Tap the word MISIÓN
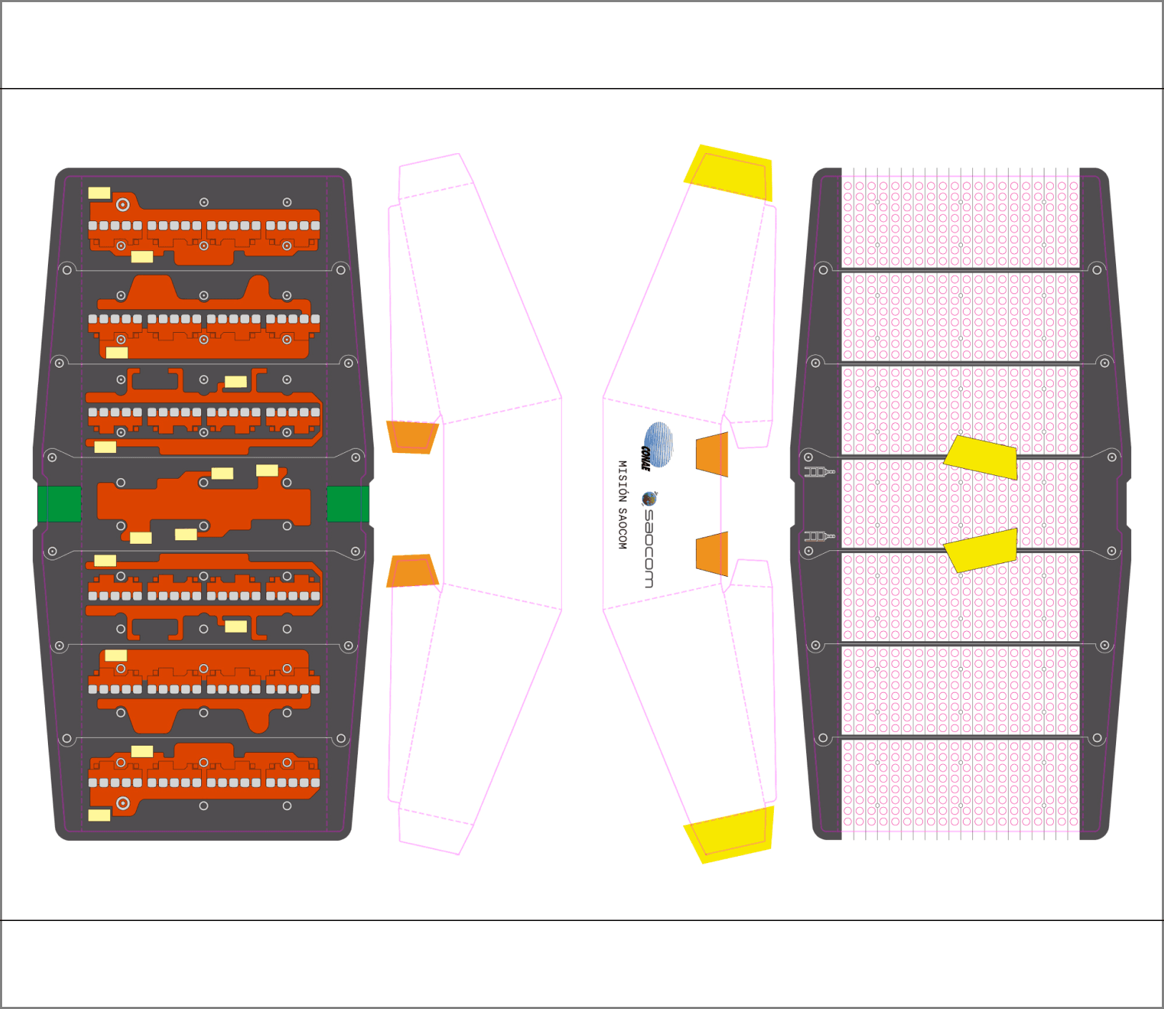(x=622, y=476)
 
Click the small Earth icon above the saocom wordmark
(x=649, y=499)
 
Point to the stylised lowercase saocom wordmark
(x=648, y=548)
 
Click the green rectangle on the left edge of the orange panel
(x=59, y=504)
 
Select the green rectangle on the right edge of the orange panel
(x=348, y=504)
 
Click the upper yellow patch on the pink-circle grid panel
(x=981, y=456)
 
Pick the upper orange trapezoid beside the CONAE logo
(x=712, y=454)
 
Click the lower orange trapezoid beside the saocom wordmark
(x=712, y=553)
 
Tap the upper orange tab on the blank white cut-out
(x=412, y=437)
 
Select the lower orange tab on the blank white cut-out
(x=412, y=571)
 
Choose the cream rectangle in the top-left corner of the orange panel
(x=99, y=192)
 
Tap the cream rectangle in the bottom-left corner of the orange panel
(x=99, y=815)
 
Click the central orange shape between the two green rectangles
(x=204, y=504)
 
